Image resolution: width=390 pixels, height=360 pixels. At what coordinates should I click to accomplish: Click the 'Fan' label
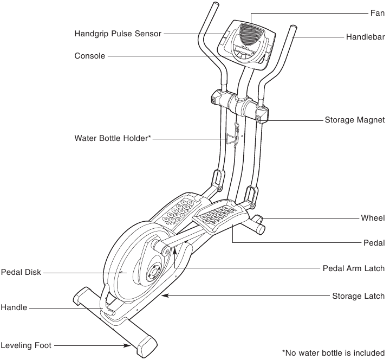click(x=377, y=12)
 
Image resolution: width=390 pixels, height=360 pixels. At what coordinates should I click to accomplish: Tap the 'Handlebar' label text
click(x=365, y=37)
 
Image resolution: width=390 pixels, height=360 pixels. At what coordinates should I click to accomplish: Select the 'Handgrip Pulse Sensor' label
click(x=118, y=34)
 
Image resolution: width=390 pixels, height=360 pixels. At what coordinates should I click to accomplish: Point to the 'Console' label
click(x=89, y=56)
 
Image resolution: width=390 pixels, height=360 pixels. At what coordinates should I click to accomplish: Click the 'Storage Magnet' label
click(x=354, y=119)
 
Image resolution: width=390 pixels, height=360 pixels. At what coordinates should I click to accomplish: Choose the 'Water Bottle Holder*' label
click(x=113, y=138)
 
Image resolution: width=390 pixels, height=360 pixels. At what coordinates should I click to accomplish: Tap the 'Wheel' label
click(x=373, y=218)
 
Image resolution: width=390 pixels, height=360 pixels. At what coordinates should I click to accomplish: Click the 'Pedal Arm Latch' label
click(x=353, y=268)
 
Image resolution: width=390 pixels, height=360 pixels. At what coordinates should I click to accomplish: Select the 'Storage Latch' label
click(x=358, y=296)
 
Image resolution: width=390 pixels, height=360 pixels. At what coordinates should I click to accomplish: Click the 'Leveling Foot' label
click(x=25, y=345)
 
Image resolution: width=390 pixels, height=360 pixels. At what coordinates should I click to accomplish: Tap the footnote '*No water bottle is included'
click(x=333, y=352)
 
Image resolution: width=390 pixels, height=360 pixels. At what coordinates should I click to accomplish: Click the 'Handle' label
click(x=14, y=308)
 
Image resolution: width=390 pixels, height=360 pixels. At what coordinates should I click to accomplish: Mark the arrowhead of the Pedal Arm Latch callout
click(x=175, y=250)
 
